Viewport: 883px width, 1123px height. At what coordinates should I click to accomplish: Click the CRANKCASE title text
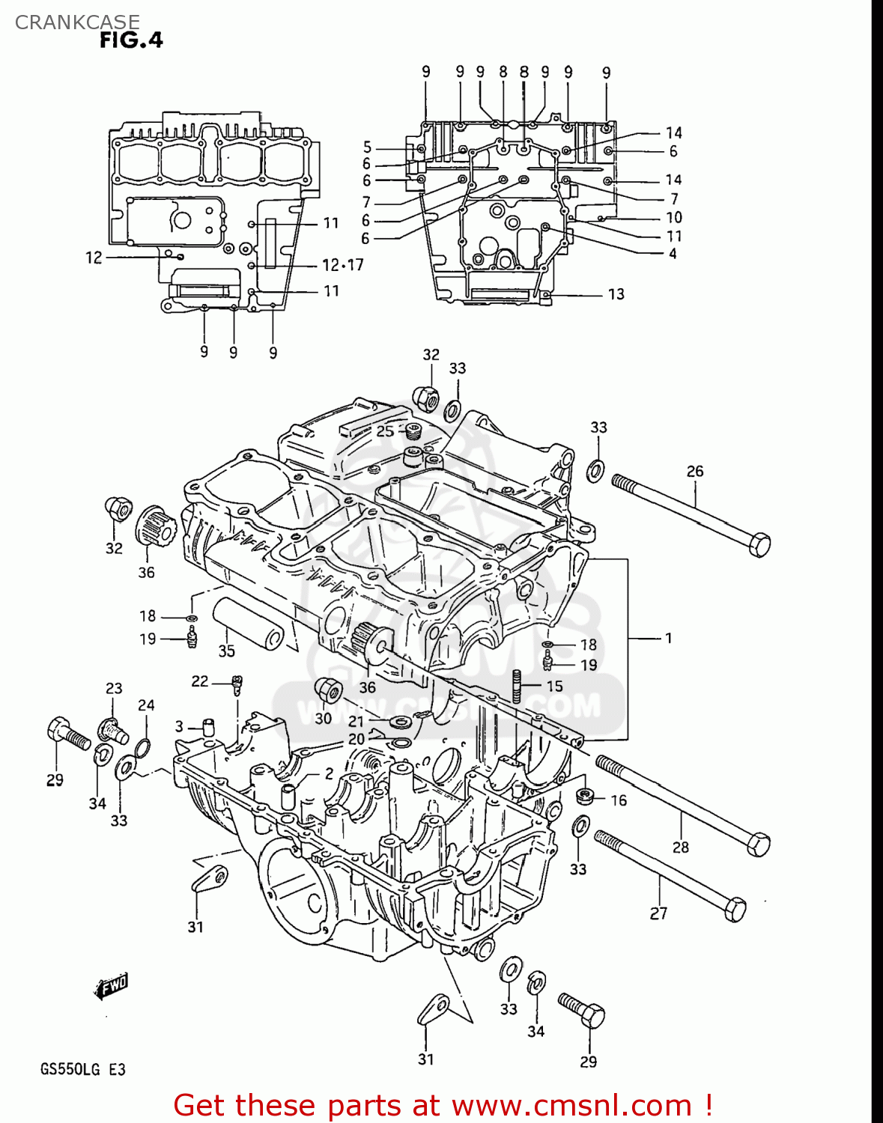pyautogui.click(x=77, y=22)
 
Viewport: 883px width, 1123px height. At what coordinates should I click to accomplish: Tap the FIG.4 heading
pyautogui.click(x=131, y=40)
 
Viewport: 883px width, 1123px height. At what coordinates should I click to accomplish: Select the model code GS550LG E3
pyautogui.click(x=82, y=1069)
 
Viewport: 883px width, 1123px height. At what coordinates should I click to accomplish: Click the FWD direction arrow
pyautogui.click(x=112, y=986)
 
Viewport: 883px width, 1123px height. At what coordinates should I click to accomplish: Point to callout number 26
pyautogui.click(x=695, y=471)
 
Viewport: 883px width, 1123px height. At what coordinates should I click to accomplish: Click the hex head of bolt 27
pyautogui.click(x=734, y=909)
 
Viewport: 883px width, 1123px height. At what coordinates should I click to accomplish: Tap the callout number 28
pyautogui.click(x=680, y=847)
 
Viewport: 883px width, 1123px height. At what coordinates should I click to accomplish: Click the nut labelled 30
pyautogui.click(x=327, y=690)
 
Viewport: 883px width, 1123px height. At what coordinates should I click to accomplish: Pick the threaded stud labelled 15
pyautogui.click(x=517, y=686)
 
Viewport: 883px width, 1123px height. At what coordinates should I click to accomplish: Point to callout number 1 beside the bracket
pyautogui.click(x=668, y=638)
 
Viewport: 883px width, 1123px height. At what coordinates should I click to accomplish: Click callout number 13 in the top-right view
pyautogui.click(x=616, y=294)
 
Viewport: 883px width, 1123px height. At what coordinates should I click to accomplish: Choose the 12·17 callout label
pyautogui.click(x=342, y=265)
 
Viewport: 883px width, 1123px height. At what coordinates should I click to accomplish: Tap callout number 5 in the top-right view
pyautogui.click(x=368, y=147)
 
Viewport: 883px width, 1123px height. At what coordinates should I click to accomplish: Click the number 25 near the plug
pyautogui.click(x=385, y=431)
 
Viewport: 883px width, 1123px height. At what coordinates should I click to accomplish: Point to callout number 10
pyautogui.click(x=674, y=217)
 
